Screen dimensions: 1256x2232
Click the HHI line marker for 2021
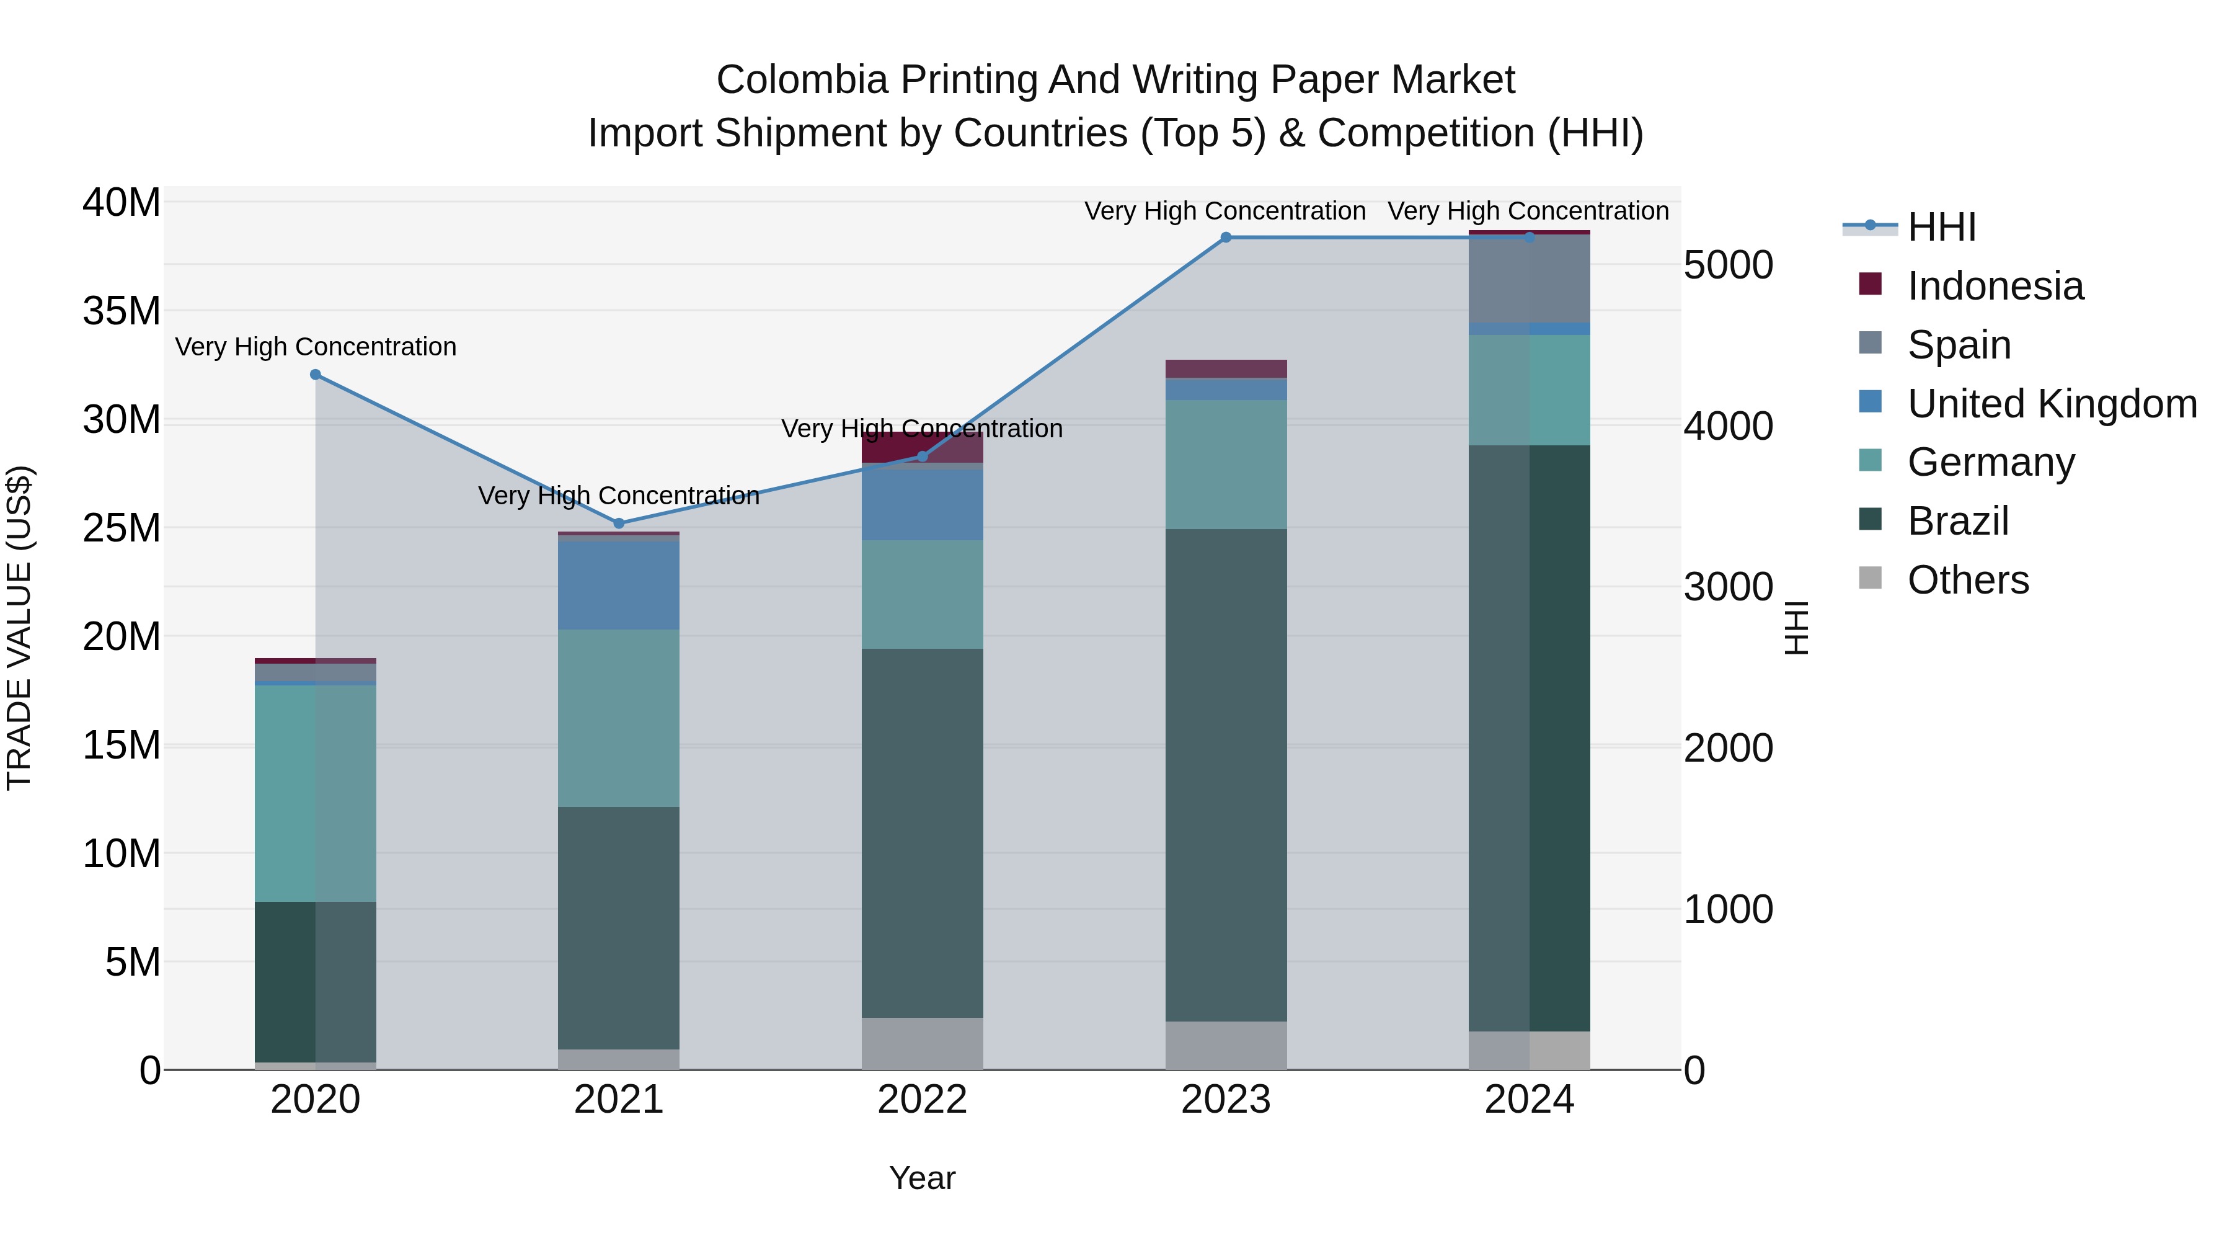click(x=619, y=523)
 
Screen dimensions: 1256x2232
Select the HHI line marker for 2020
click(x=316, y=375)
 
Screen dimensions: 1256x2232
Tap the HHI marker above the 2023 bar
click(x=1225, y=238)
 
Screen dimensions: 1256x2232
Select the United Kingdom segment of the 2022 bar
click(x=922, y=504)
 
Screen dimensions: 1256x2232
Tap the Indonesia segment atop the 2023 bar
click(x=1225, y=368)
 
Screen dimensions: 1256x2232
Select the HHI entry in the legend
click(x=1941, y=227)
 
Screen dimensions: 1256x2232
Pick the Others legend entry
click(x=1967, y=580)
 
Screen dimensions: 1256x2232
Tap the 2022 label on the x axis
click(x=922, y=1100)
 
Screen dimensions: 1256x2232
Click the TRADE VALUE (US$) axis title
click(x=19, y=628)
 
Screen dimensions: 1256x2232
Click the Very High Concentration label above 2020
click(x=316, y=347)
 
